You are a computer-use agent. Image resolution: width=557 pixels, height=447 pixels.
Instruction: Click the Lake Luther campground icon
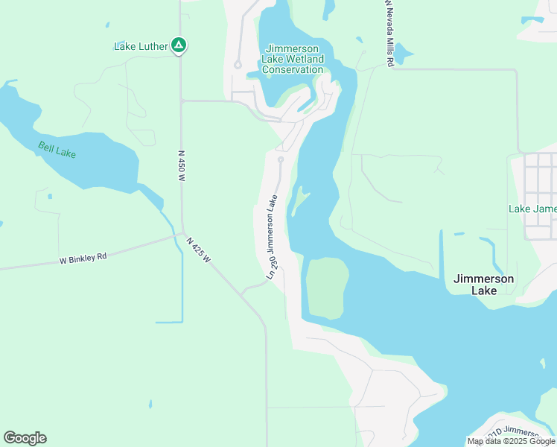coord(179,45)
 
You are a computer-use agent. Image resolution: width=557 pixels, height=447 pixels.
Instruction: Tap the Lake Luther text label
coord(140,46)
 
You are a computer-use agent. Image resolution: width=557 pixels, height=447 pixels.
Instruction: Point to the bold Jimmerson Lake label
coord(483,284)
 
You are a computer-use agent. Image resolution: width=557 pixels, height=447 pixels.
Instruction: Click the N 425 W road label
coord(199,250)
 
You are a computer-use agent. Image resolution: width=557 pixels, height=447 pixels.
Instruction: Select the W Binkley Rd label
coord(83,259)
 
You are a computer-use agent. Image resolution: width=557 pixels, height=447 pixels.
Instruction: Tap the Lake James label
coord(532,209)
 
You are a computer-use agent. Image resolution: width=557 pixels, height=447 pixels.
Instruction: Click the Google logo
coord(25,437)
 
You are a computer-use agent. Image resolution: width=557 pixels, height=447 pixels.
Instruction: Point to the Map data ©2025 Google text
coord(511,441)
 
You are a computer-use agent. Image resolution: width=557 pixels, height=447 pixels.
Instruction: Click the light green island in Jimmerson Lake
coord(326,286)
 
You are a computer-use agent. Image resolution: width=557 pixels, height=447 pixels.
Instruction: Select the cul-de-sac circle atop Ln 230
coord(281,159)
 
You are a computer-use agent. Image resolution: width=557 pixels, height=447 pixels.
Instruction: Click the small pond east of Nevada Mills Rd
coord(402,53)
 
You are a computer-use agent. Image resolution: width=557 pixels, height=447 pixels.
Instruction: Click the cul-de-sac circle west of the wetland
coord(238,65)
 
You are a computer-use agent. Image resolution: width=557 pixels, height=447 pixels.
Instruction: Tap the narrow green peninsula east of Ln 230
coord(299,200)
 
